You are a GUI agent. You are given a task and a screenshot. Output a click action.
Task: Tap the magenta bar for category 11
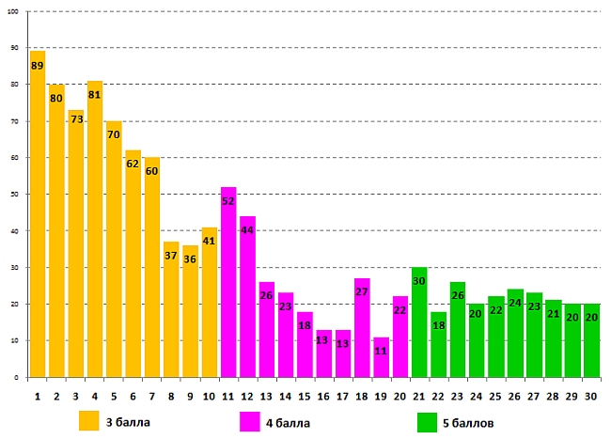228,282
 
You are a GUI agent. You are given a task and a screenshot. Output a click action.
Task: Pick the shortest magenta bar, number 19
381,357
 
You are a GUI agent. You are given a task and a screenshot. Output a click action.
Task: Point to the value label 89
38,66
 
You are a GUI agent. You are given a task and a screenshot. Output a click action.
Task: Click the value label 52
228,201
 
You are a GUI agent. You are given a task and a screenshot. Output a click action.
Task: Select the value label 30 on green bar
419,282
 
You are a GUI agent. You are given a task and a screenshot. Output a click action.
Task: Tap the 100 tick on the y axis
13,11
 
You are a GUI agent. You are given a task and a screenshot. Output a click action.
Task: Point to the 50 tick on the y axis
14,195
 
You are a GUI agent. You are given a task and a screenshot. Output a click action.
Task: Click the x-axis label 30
591,397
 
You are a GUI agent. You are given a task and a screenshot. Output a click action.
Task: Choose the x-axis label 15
305,397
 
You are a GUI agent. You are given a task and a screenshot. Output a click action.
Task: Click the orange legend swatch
89,422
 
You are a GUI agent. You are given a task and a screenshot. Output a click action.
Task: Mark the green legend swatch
428,422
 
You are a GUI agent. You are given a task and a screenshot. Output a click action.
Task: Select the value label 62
133,164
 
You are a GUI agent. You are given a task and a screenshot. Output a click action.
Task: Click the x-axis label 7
152,397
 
